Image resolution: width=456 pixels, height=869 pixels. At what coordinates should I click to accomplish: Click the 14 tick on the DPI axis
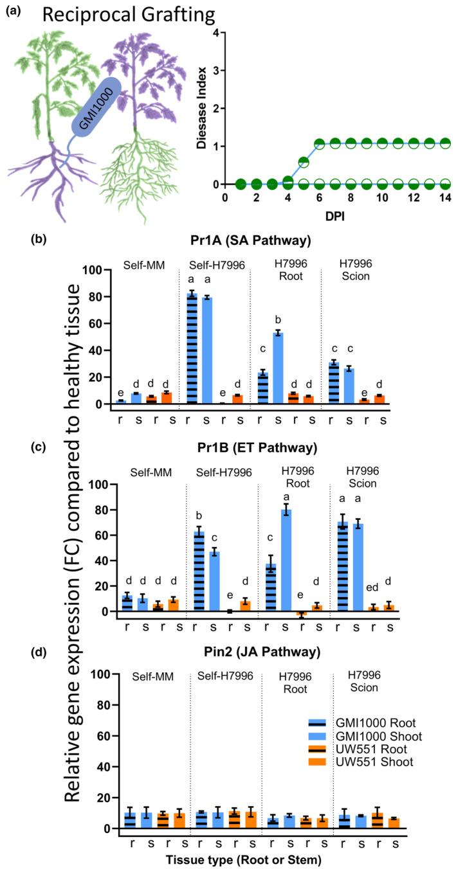pos(444,197)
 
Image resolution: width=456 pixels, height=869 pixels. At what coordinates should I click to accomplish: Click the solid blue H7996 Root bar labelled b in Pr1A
pos(277,368)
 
